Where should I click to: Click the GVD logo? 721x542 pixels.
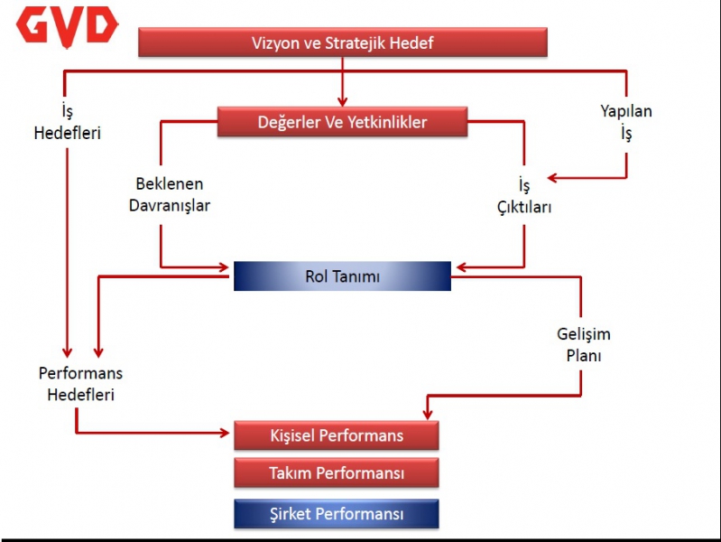click(67, 27)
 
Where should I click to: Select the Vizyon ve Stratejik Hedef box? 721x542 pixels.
click(343, 42)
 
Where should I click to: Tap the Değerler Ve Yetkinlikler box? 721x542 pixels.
click(342, 122)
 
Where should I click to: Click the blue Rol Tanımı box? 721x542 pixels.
click(342, 276)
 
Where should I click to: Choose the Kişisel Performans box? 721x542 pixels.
click(336, 435)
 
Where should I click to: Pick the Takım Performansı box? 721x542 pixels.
click(336, 473)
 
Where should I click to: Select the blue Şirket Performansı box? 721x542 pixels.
click(336, 513)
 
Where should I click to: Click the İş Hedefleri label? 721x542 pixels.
click(67, 122)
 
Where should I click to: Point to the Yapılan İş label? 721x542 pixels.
click(626, 122)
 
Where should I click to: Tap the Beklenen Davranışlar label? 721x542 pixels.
click(170, 195)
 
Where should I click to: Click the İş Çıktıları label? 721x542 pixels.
click(524, 197)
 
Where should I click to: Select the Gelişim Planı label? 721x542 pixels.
click(584, 344)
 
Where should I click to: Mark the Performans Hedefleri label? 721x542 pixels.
click(80, 384)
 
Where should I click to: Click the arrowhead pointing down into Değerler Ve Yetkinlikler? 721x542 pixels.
click(342, 101)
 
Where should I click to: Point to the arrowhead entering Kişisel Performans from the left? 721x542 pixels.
click(225, 433)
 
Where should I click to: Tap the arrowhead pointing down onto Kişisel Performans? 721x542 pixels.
click(428, 414)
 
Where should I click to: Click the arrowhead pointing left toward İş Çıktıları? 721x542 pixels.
click(552, 178)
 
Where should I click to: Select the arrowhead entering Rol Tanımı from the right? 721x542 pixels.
click(462, 267)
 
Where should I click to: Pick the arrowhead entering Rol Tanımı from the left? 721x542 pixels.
click(224, 267)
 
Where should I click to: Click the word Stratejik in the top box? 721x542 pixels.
click(355, 42)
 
